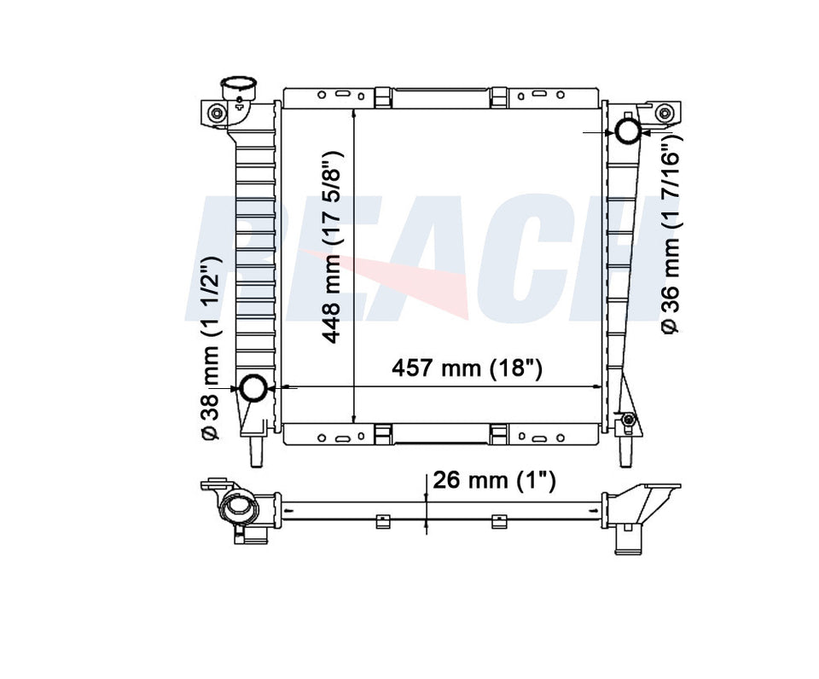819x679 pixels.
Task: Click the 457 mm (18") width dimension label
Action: [x=467, y=369]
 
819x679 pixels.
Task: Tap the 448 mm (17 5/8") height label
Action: [x=333, y=247]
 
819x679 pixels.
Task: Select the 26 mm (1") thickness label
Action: [x=494, y=479]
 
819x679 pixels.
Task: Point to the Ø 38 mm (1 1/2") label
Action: [x=212, y=348]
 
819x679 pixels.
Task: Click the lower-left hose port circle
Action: [x=253, y=388]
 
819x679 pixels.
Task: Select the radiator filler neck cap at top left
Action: [x=239, y=88]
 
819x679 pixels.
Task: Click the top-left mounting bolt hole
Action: [x=216, y=113]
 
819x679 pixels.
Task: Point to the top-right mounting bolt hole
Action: [x=665, y=113]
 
